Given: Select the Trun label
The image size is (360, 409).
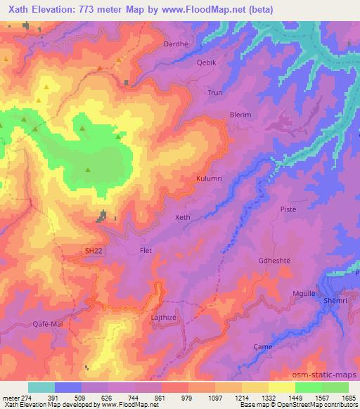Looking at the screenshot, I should coord(214,92).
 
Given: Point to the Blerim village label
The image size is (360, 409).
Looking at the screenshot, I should coord(240,115).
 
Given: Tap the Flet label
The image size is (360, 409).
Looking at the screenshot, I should coord(146,251).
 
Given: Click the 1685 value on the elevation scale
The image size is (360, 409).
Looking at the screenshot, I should coord(349,397).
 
